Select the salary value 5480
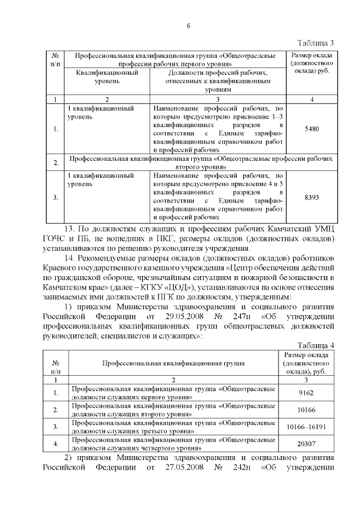[x=311, y=129]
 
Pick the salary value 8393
[x=311, y=197]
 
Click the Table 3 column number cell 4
[x=311, y=100]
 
